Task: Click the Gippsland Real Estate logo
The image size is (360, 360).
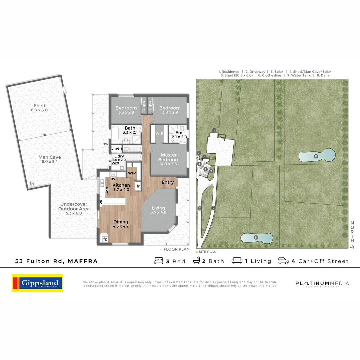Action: pyautogui.click(x=37, y=283)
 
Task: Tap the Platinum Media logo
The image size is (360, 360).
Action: pyautogui.click(x=322, y=284)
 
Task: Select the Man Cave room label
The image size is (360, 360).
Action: pyautogui.click(x=49, y=159)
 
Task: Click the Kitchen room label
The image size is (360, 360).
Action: pyautogui.click(x=121, y=187)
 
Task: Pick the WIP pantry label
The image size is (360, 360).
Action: pyautogui.click(x=132, y=173)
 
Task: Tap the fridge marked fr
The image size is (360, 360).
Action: pyautogui.click(x=138, y=186)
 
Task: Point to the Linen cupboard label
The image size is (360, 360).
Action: pyautogui.click(x=117, y=148)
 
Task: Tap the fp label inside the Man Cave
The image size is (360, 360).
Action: pyautogui.click(x=32, y=184)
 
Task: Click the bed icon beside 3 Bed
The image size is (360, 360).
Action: pyautogui.click(x=159, y=261)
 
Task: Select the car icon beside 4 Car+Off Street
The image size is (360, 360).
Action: pyautogui.click(x=283, y=261)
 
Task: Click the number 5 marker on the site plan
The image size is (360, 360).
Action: pyautogui.click(x=214, y=130)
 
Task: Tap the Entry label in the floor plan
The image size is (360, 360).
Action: pyautogui.click(x=168, y=182)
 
